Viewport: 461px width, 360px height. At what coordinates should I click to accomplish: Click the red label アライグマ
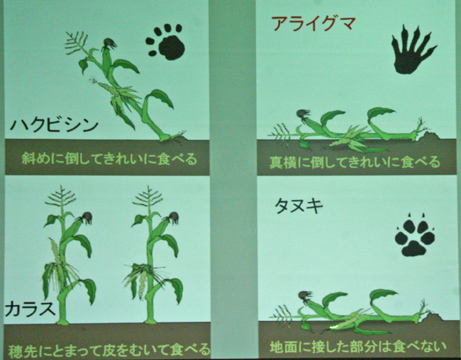(x=313, y=24)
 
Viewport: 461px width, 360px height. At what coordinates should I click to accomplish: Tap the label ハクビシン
(x=54, y=125)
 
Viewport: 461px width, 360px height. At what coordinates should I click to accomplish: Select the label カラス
(x=30, y=308)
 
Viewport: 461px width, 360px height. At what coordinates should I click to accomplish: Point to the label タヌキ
(x=299, y=206)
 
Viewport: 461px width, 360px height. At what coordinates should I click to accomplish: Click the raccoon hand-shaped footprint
(x=413, y=50)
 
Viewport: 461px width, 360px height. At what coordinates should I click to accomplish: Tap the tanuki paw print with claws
(x=415, y=236)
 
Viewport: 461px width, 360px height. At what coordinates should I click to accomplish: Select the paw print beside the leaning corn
(x=166, y=42)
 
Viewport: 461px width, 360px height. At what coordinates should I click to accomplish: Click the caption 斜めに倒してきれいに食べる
(x=109, y=159)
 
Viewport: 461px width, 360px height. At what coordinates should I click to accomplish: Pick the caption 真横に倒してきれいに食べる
(x=354, y=162)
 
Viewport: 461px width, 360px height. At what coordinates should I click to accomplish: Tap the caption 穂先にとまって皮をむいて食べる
(x=109, y=349)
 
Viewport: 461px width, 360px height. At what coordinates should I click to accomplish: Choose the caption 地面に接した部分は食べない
(x=358, y=346)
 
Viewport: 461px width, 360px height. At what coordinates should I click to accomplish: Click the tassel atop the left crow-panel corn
(x=61, y=197)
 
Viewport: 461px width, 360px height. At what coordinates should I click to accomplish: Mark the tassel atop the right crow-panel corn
(x=149, y=197)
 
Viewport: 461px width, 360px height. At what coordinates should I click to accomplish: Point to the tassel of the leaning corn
(x=77, y=43)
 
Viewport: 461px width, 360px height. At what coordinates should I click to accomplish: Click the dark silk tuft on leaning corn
(x=109, y=44)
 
